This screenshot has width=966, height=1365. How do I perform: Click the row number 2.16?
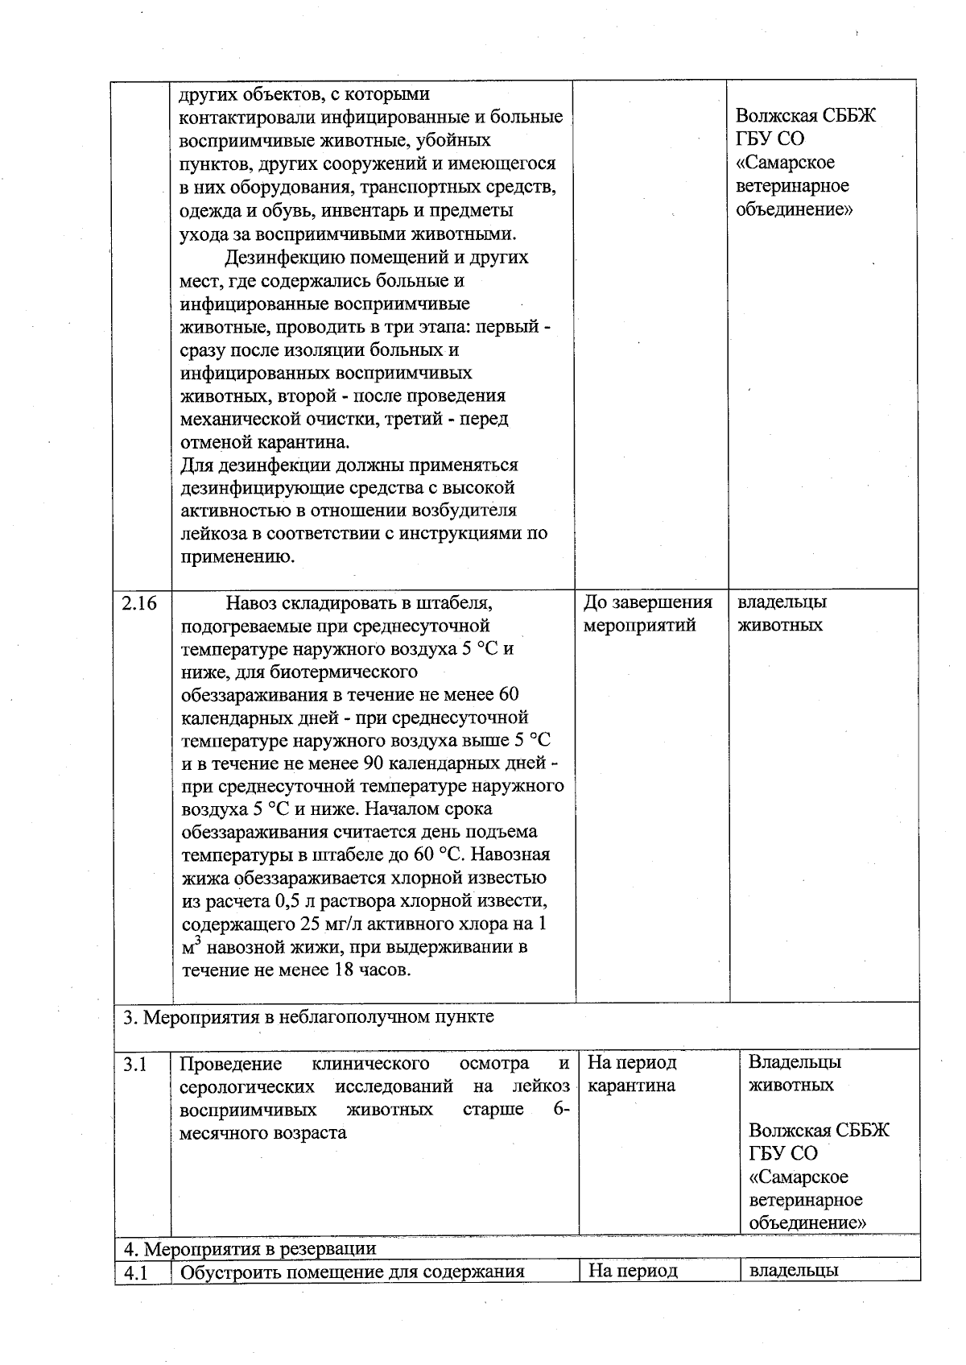pos(139,603)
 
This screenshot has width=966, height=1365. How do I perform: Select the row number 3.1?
pos(135,1064)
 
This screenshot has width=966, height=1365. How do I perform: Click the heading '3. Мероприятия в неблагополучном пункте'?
pos(308,1017)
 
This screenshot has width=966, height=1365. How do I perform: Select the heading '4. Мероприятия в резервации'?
pos(250,1248)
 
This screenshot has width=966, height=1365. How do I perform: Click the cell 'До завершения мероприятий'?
pos(647,614)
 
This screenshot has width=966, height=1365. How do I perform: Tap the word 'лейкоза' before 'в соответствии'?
pos(212,533)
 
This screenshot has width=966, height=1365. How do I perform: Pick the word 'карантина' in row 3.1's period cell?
pos(631,1086)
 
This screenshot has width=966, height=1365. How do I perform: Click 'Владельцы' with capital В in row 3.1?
pos(795,1062)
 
